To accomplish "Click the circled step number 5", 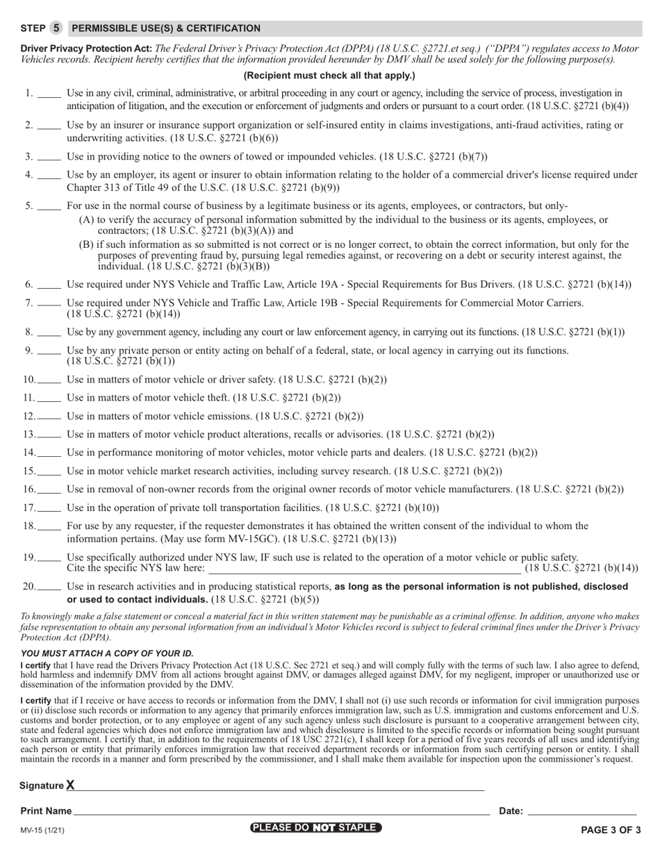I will point(56,28).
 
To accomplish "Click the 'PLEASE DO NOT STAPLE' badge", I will point(316,828).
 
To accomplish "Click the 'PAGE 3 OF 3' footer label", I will point(611,830).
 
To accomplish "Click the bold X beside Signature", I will point(70,785).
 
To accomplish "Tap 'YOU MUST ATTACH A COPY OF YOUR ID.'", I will point(107,653).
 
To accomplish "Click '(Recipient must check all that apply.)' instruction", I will point(329,76).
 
